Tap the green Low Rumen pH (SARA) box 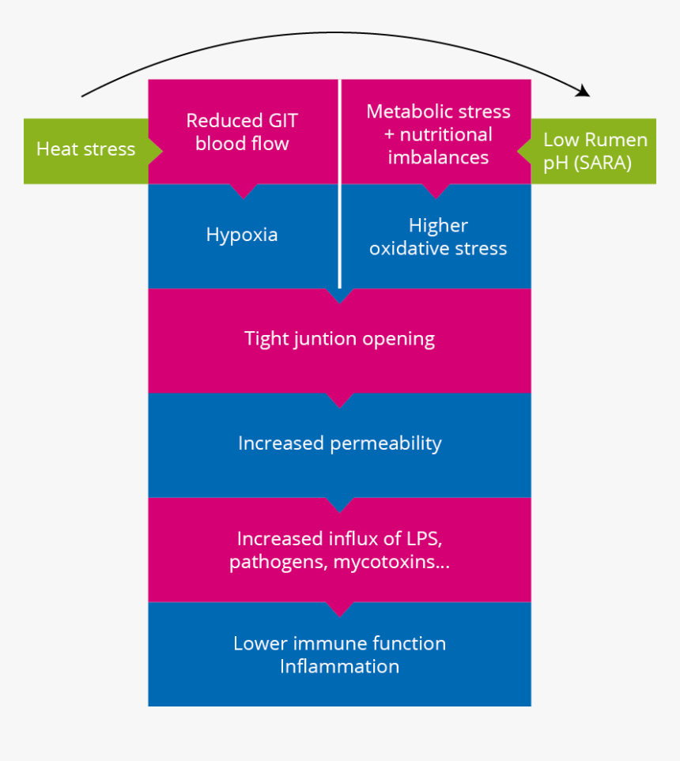coord(595,151)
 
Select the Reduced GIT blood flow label coord(242,132)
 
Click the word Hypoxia coord(242,235)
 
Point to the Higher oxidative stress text coord(438,237)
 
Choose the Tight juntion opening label coord(339,339)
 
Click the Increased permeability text coord(339,443)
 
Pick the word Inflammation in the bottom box coord(339,666)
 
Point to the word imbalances coord(438,157)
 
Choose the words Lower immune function coord(339,644)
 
